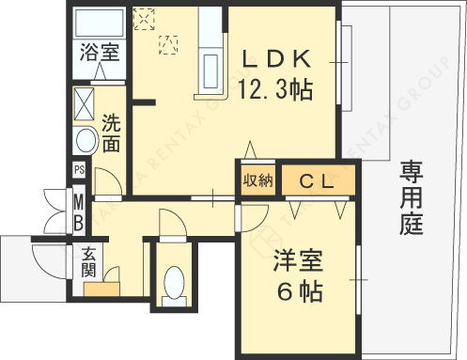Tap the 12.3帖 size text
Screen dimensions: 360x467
click(275, 91)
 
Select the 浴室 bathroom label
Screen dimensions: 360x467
click(99, 52)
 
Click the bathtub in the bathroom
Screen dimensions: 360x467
click(98, 23)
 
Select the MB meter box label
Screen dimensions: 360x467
click(80, 211)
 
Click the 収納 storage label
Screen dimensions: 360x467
click(257, 180)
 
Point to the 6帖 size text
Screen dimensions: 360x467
click(298, 293)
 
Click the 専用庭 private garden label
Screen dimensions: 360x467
click(411, 197)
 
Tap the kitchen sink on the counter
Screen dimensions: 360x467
click(211, 70)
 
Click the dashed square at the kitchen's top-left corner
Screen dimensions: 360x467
click(145, 18)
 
